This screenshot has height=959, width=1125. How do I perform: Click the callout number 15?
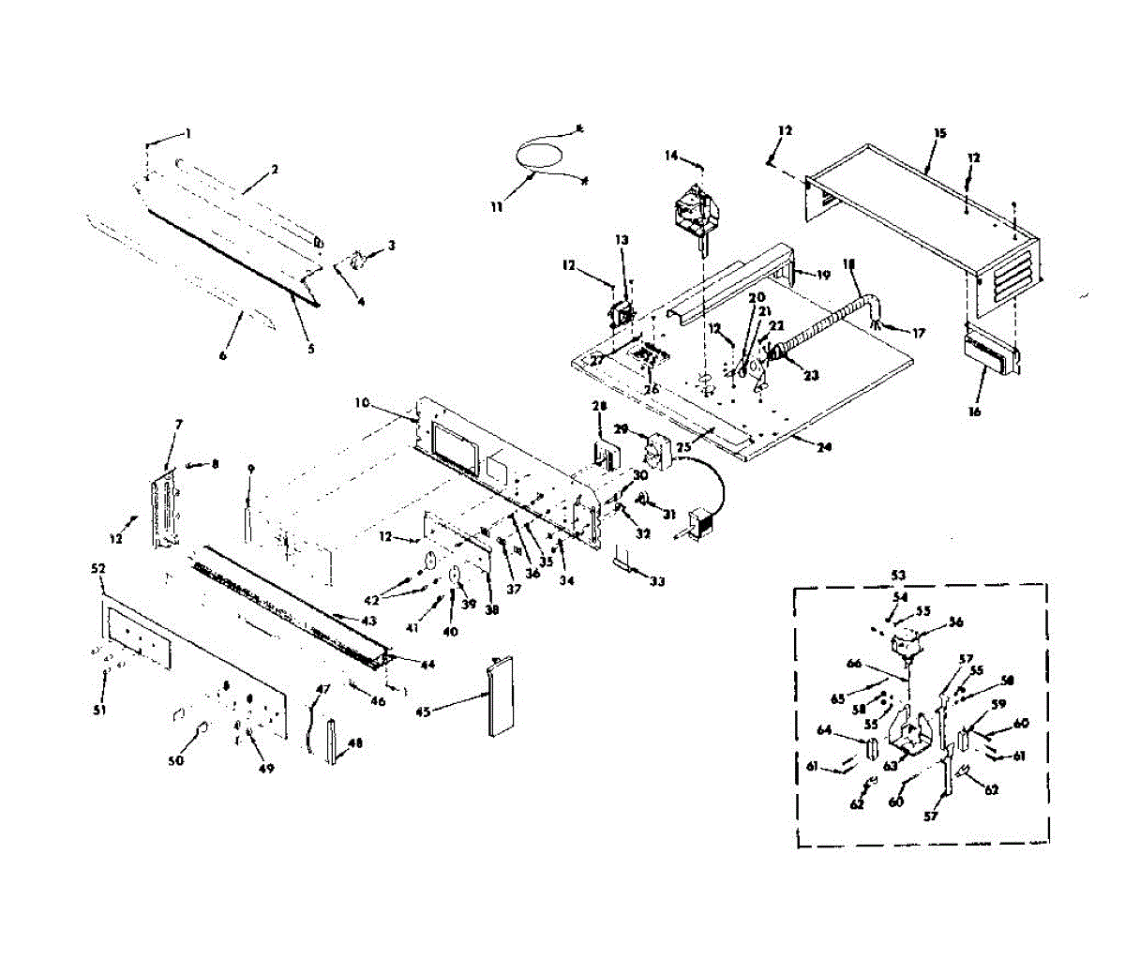[x=939, y=133]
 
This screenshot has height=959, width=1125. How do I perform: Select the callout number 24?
[x=823, y=447]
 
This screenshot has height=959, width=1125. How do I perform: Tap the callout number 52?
[x=99, y=569]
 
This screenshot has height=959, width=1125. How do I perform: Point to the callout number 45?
[x=423, y=712]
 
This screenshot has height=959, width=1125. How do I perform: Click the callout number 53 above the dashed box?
[x=898, y=574]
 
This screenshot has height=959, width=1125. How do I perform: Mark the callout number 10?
[x=363, y=404]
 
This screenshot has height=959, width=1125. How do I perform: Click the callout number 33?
[x=656, y=581]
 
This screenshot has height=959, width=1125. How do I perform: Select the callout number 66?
[x=853, y=664]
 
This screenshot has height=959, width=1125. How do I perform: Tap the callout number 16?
[x=974, y=411]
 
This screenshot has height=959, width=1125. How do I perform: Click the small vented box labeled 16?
[x=990, y=353]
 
